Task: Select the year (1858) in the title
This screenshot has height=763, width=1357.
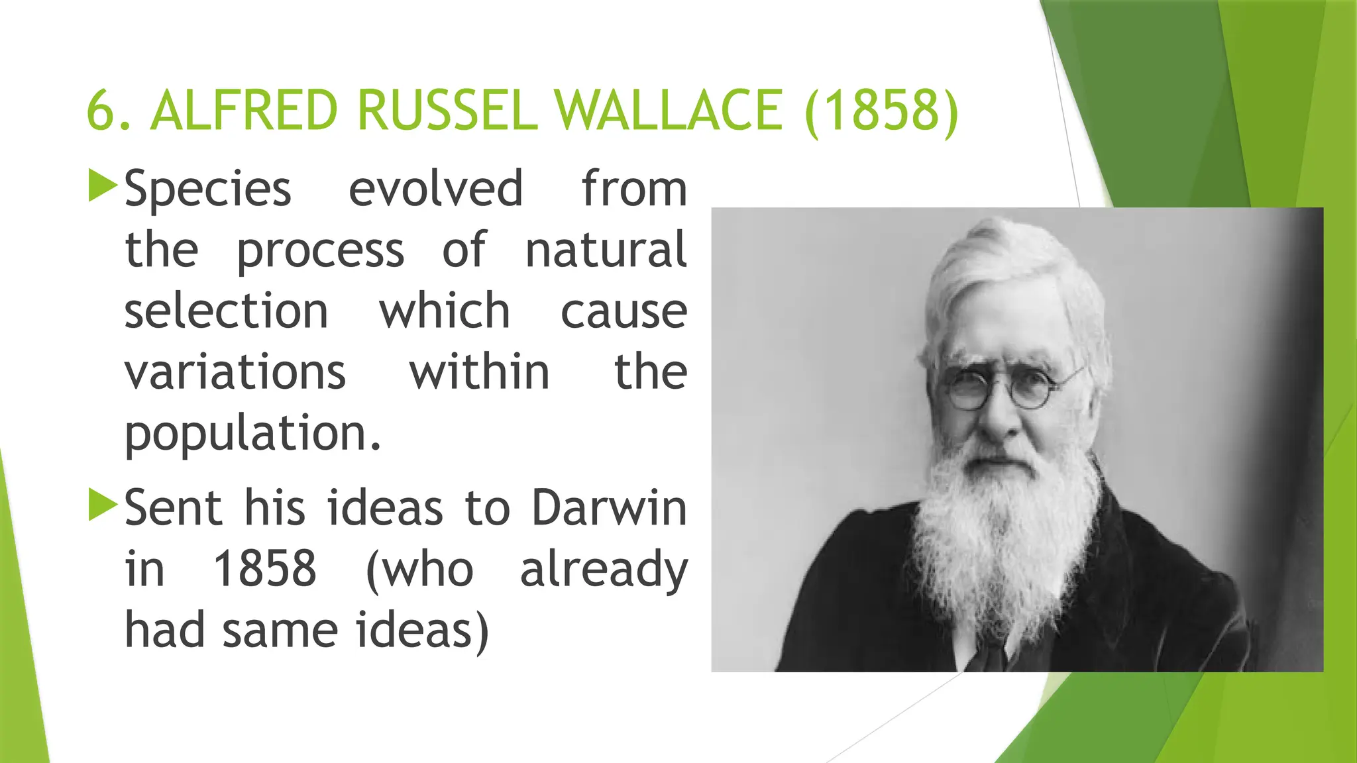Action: coord(882,111)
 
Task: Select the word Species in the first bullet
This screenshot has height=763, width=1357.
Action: coord(207,190)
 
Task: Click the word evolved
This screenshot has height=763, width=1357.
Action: coord(435,189)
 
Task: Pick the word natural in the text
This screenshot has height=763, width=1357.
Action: coord(606,250)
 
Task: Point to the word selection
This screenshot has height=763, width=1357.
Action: coord(226,311)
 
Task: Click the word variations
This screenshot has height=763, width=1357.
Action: coord(235,372)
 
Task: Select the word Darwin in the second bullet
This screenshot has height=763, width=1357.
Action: coord(609,509)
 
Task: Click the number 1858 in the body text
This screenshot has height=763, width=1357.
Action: coord(264,569)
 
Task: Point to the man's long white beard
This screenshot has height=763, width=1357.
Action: coord(1001,530)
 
